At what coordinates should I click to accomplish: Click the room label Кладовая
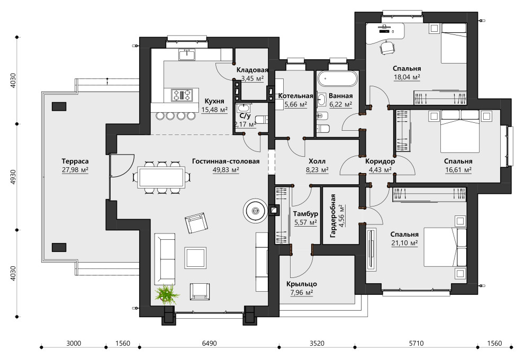coord(252,70)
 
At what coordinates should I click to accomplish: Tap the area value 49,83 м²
coord(226,170)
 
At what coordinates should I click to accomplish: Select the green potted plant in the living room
coord(167,294)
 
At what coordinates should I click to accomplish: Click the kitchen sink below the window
coord(187,55)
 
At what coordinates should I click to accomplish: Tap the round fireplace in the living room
coord(256,211)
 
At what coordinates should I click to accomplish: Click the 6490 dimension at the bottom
coord(209,343)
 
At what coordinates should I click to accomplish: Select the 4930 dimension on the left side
coord(13,177)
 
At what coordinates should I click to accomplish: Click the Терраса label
coord(75,161)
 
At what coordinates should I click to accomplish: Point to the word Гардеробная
coord(332,215)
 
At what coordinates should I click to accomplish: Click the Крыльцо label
coord(302,284)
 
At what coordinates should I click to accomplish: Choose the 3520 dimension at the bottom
coord(317,343)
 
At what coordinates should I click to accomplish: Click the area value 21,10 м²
coord(404,243)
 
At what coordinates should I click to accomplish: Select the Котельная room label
coord(295,96)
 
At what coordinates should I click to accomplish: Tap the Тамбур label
coord(305,213)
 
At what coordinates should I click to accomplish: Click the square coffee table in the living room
coord(195,258)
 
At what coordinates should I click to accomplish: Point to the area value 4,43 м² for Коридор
coord(380,170)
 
